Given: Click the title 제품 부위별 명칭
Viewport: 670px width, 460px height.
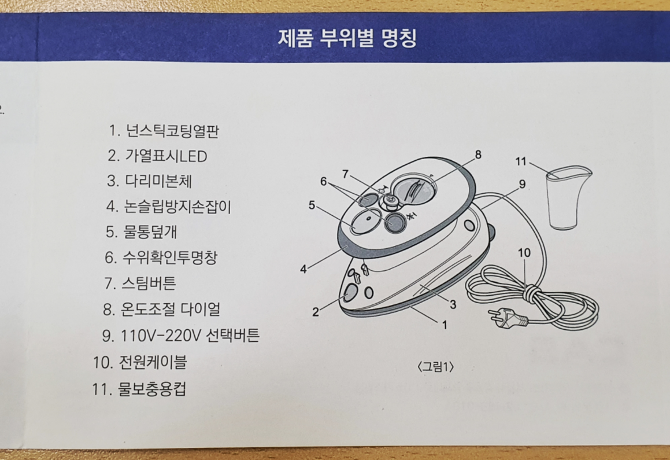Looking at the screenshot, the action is pyautogui.click(x=347, y=38).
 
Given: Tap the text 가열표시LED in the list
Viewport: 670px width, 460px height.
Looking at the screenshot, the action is pyautogui.click(x=166, y=156).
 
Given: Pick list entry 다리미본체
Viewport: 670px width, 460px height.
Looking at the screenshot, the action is pyautogui.click(x=158, y=181).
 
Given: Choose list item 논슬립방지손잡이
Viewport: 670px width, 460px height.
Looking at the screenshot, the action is pyautogui.click(x=177, y=207).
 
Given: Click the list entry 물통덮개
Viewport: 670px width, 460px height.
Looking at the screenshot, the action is pyautogui.click(x=150, y=232).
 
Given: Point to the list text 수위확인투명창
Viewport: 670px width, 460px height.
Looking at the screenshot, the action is pyautogui.click(x=169, y=258).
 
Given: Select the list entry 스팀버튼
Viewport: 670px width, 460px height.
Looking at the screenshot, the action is pyautogui.click(x=149, y=284).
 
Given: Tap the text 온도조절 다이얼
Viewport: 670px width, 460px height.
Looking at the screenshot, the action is pyautogui.click(x=171, y=309).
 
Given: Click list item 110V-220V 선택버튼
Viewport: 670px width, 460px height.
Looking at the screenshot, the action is pyautogui.click(x=190, y=336).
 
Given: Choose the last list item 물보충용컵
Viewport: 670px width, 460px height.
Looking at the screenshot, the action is pyautogui.click(x=151, y=389).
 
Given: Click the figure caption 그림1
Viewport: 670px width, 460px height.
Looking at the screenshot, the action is pyautogui.click(x=435, y=367).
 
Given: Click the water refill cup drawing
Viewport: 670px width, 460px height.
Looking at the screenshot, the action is pyautogui.click(x=568, y=198).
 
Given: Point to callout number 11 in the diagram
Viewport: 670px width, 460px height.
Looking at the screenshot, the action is pyautogui.click(x=520, y=161).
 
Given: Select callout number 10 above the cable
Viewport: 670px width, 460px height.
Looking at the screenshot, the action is pyautogui.click(x=524, y=253).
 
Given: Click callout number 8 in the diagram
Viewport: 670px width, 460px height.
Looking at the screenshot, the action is pyautogui.click(x=477, y=154).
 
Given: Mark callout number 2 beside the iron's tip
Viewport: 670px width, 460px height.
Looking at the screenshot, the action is pyautogui.click(x=315, y=312).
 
